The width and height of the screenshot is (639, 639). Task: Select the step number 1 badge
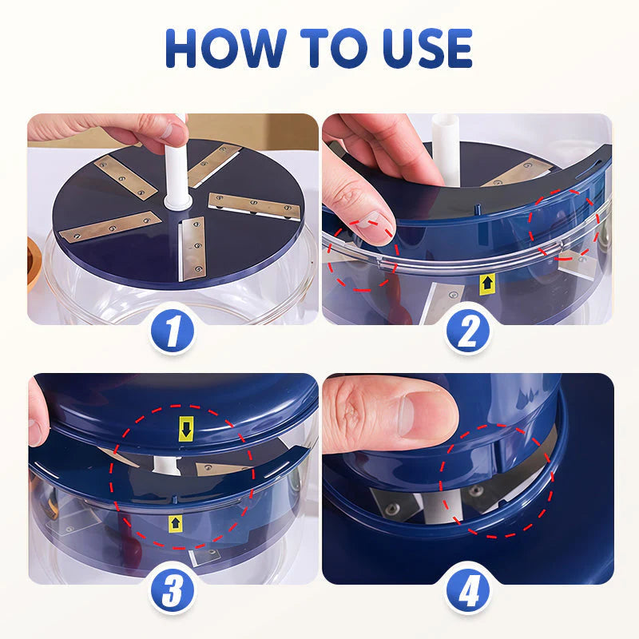173,331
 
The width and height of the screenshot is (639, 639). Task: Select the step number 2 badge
467,331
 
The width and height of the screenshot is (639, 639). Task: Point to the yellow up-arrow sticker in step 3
175,523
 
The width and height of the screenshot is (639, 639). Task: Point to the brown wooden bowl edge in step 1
33,264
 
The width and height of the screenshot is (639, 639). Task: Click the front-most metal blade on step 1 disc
192,250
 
